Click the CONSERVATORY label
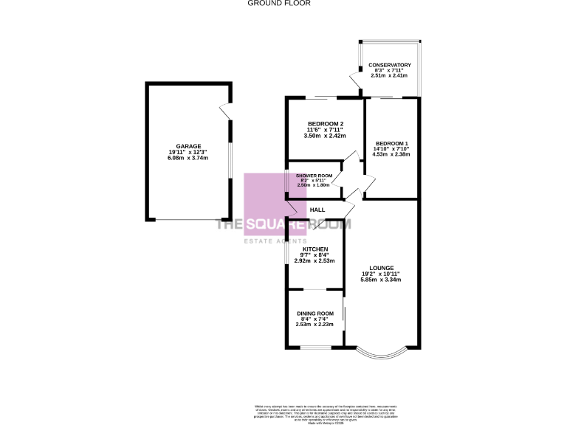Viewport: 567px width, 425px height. coord(389,66)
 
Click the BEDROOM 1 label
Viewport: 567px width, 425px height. coord(391,143)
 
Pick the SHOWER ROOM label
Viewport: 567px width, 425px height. coord(315,176)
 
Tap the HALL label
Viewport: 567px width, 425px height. coord(317,210)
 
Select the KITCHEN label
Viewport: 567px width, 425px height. coord(315,249)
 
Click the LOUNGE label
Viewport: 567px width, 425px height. coord(382,267)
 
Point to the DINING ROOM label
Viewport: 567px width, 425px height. coord(315,314)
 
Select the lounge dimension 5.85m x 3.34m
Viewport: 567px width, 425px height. coord(382,280)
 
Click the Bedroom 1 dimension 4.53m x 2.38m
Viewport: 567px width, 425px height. coord(391,155)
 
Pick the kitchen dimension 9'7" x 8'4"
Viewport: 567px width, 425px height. coord(315,255)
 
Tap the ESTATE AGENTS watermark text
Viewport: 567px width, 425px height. coord(275,241)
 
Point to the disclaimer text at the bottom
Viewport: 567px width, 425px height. coord(320,410)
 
